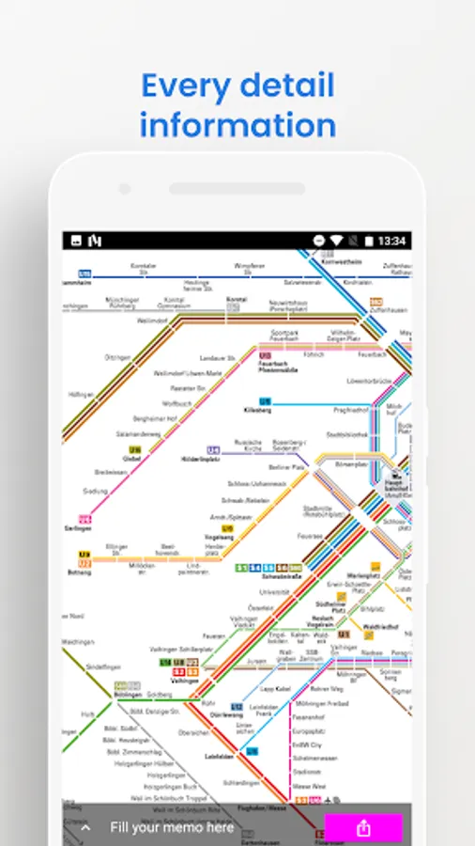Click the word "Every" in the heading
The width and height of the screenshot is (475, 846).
(x=186, y=86)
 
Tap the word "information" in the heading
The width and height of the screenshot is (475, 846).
(x=237, y=125)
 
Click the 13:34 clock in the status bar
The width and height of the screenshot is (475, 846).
(x=392, y=242)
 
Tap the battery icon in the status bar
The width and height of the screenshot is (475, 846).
(x=369, y=242)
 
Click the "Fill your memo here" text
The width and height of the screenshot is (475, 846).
(x=172, y=827)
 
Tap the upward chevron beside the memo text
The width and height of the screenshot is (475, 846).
(x=85, y=828)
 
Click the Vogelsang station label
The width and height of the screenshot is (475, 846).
(x=220, y=537)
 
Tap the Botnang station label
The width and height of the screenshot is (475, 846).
(x=80, y=572)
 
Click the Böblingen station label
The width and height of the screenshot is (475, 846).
(x=127, y=695)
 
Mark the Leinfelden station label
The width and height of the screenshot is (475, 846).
(x=219, y=756)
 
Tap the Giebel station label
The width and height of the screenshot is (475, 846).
(x=131, y=460)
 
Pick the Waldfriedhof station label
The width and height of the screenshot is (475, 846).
(x=381, y=626)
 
